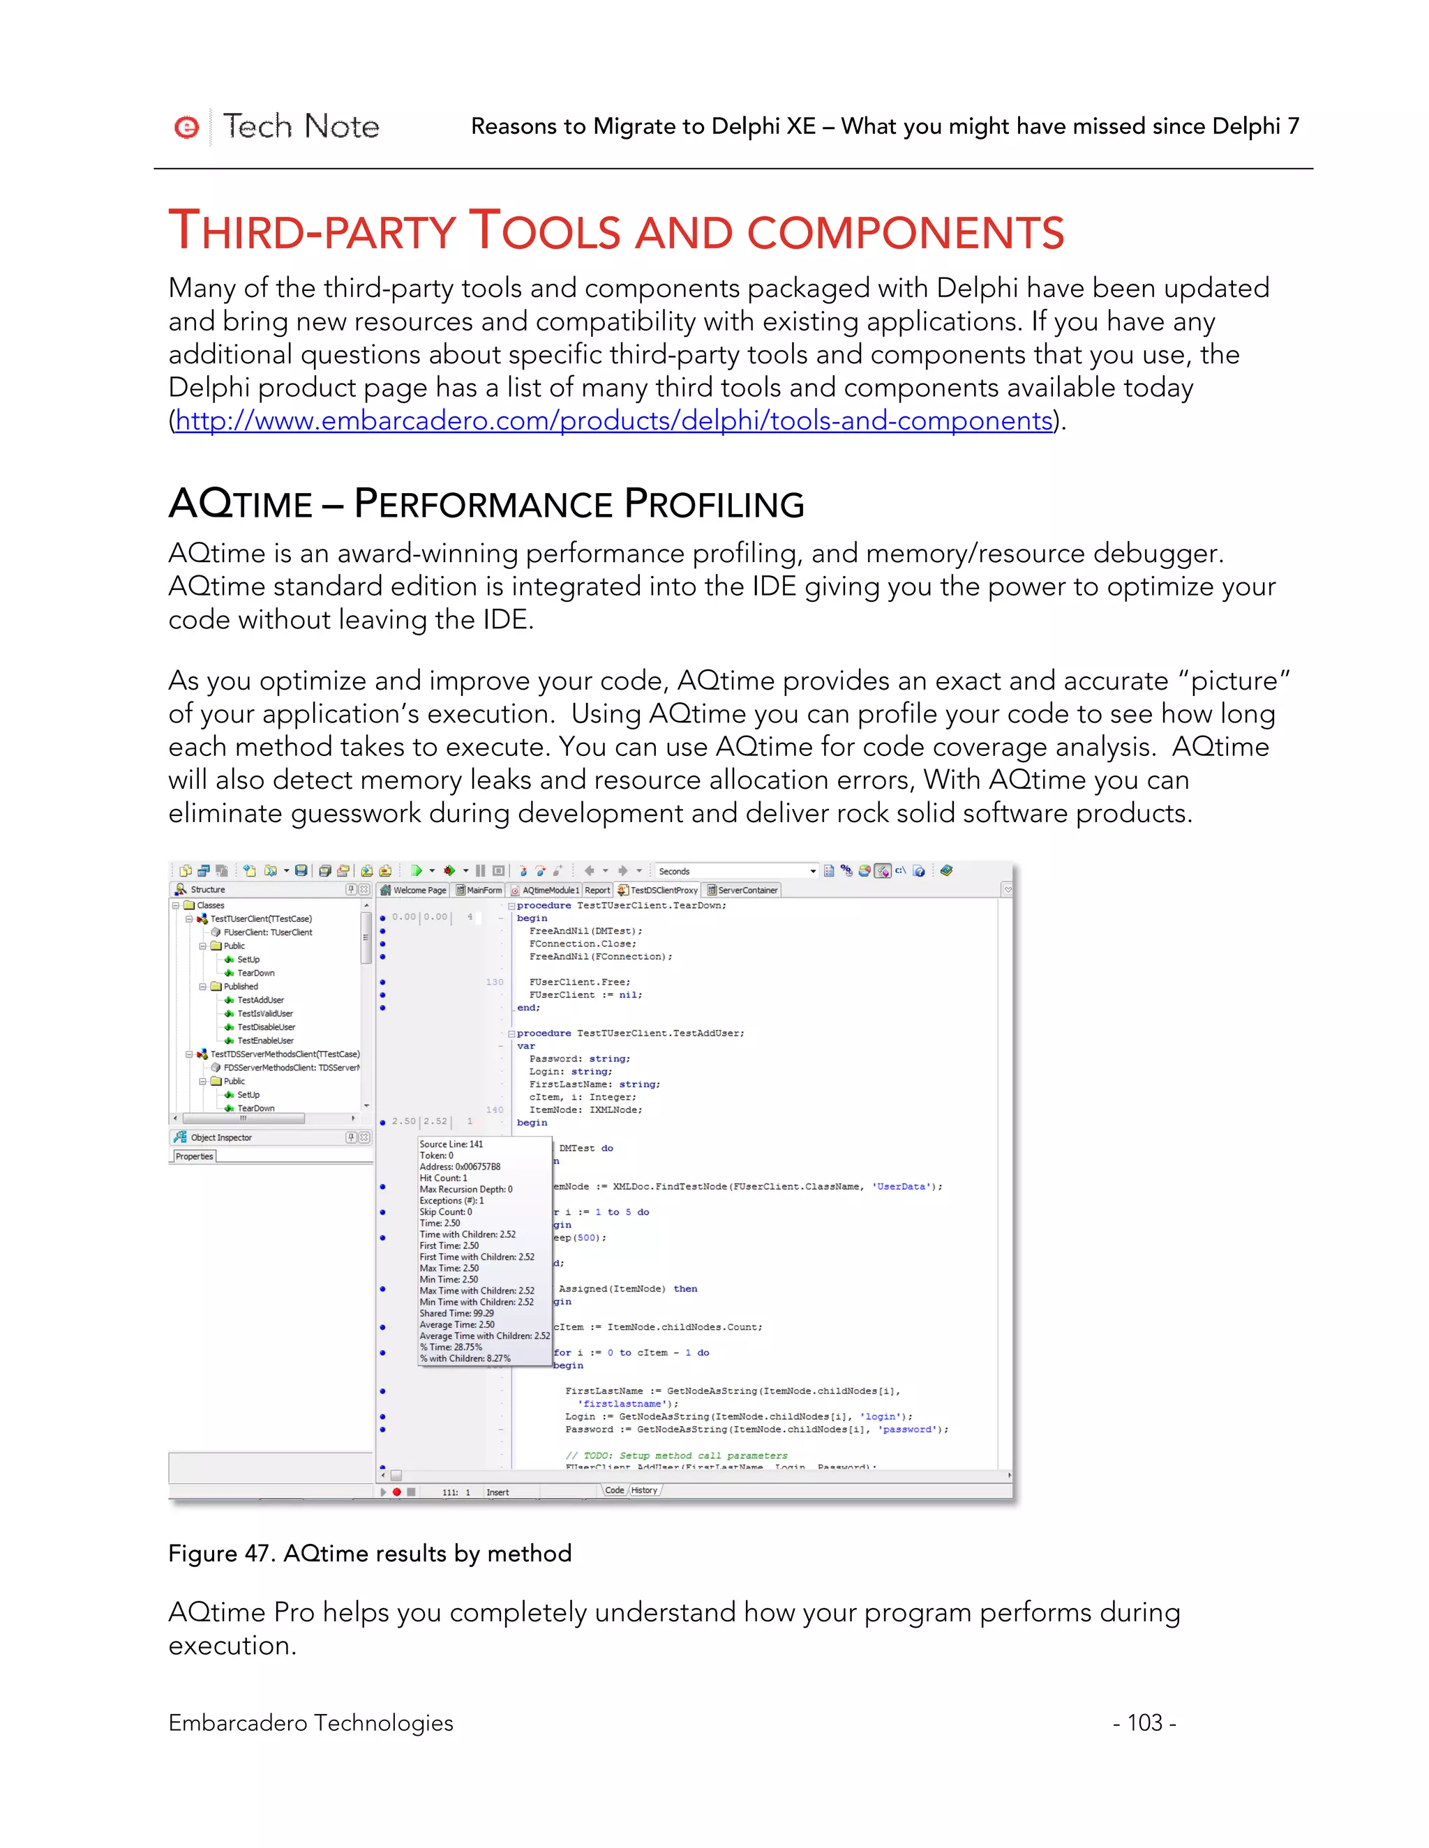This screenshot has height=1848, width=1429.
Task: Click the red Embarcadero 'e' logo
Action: [186, 127]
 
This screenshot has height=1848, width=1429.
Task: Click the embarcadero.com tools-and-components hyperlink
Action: [614, 421]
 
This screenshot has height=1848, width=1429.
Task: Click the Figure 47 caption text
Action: [370, 1554]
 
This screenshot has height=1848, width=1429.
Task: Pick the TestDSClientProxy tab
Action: [659, 890]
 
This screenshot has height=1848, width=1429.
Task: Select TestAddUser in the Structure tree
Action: [261, 1000]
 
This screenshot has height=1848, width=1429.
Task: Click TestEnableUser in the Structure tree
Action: [265, 1040]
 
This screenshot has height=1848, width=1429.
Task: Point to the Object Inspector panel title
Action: [221, 1137]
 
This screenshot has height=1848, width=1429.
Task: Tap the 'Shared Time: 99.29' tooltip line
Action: [456, 1313]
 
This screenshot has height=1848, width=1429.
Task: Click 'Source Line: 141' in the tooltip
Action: [451, 1144]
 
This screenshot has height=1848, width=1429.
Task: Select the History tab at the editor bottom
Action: [643, 1491]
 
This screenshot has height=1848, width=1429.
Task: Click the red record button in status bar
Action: [396, 1492]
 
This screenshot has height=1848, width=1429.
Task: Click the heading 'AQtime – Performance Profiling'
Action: [486, 504]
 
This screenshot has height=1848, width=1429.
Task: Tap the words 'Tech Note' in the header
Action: [301, 127]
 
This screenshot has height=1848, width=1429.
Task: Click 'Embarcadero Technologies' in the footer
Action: [311, 1722]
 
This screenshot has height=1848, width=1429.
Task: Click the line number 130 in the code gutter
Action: [495, 983]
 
